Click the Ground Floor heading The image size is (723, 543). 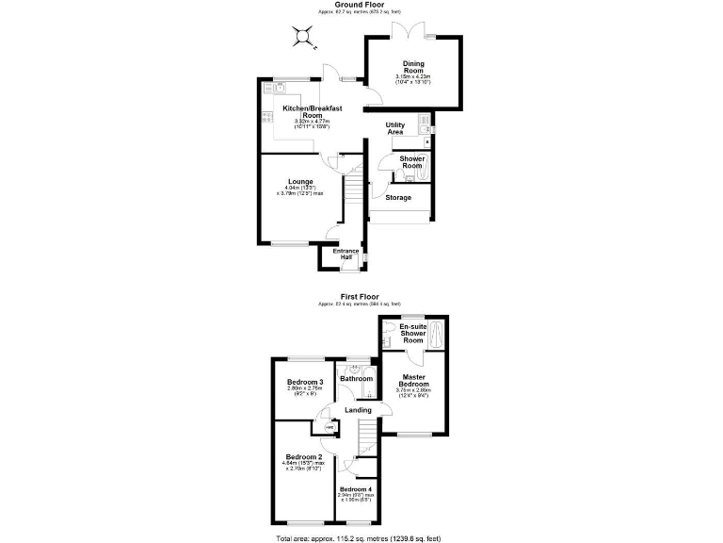[361, 5]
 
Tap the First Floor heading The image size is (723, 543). [361, 296]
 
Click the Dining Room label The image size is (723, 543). [414, 67]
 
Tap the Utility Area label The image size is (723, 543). [401, 128]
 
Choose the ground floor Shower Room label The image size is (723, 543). [412, 162]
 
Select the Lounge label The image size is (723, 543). [300, 181]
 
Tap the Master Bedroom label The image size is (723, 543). [412, 380]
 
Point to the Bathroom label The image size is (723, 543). [357, 378]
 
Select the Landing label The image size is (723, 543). [357, 410]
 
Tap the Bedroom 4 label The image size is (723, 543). [356, 489]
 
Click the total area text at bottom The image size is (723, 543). [360, 538]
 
